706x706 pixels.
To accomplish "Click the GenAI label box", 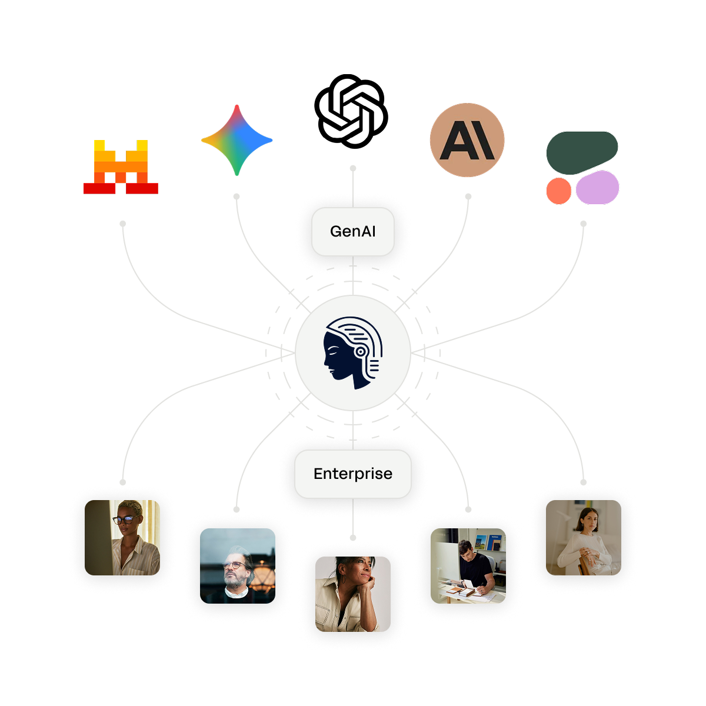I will (x=352, y=231).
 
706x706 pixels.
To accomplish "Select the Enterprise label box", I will (x=352, y=474).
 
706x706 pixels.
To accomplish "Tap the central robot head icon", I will (x=352, y=353).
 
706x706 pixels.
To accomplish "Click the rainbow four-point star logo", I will (x=237, y=140).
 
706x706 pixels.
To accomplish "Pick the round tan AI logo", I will (x=467, y=140).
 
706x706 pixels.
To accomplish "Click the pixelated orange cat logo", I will (x=121, y=166).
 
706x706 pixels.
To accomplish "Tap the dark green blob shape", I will (x=581, y=152).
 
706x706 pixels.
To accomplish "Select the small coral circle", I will (x=558, y=191).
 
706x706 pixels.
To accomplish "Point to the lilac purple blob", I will (x=597, y=188).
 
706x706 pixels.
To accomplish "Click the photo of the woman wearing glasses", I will (x=122, y=537).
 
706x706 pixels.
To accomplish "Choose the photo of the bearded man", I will (x=238, y=565).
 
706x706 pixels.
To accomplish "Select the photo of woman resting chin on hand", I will (x=353, y=594).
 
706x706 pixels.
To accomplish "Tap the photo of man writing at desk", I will (x=468, y=565).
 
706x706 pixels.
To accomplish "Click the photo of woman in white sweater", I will (x=583, y=537).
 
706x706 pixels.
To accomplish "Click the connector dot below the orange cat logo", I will (x=122, y=224).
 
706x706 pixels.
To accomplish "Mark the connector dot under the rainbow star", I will (x=237, y=196).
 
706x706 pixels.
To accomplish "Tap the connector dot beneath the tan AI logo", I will (x=468, y=196).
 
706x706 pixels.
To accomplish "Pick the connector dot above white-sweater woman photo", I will (x=583, y=482).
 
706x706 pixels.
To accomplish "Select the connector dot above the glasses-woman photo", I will (x=122, y=482).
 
